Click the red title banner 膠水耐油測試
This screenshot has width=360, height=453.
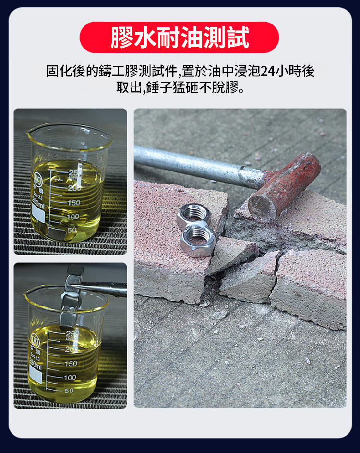(179, 37)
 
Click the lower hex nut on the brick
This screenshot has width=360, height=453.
(198, 239)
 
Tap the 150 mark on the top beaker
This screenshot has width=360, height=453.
(74, 203)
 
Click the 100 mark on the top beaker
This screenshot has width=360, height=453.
(73, 217)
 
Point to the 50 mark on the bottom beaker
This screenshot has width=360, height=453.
(69, 391)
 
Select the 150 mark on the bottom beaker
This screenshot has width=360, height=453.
(71, 364)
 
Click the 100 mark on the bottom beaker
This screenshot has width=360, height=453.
(70, 377)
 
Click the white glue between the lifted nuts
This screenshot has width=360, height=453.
(69, 295)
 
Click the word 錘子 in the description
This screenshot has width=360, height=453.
(159, 87)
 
